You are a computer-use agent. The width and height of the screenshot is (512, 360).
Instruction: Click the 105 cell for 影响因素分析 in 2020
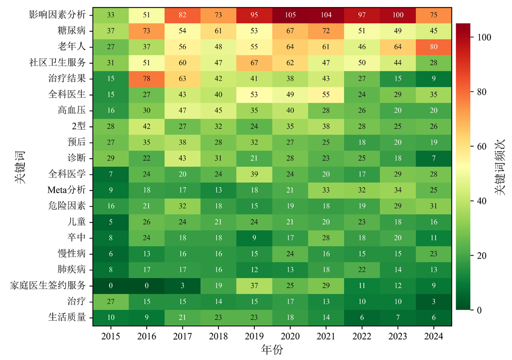(290, 15)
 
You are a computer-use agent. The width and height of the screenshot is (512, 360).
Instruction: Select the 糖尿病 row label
(72, 31)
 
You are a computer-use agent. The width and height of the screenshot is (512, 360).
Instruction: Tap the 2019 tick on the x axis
(254, 337)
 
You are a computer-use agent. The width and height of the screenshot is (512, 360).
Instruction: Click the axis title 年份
(272, 350)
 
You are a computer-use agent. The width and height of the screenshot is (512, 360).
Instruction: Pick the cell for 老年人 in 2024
(433, 47)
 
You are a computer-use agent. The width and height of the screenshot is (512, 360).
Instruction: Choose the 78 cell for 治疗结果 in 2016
(146, 79)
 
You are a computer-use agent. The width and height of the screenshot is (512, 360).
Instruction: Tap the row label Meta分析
(67, 190)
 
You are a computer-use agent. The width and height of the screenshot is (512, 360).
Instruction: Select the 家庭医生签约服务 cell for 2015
(110, 285)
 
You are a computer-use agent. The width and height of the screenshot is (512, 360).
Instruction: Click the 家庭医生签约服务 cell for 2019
(254, 285)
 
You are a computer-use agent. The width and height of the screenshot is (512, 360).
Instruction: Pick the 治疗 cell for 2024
(433, 301)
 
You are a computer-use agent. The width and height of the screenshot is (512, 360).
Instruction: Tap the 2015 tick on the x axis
(110, 337)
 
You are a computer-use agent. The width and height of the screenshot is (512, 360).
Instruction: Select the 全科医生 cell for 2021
(326, 94)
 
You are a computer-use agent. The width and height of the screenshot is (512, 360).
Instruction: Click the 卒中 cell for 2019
(254, 238)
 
